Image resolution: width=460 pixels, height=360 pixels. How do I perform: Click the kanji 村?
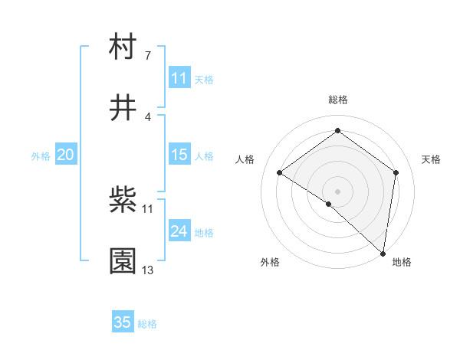pos(123,48)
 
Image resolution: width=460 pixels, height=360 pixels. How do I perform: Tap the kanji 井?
pos(123,109)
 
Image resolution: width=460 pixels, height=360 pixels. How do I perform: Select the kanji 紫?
pos(123,202)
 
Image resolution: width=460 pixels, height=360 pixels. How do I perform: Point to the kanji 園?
pos(123,262)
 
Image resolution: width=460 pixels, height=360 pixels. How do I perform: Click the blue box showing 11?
pos(179,78)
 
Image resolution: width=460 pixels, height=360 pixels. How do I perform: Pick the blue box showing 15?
pos(179,155)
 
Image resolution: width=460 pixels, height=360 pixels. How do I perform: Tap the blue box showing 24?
pos(179,232)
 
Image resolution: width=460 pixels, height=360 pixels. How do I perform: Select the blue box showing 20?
pos(66,155)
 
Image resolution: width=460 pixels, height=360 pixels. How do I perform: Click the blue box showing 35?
pos(123,322)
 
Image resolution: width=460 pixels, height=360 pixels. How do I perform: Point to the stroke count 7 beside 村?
pos(147,56)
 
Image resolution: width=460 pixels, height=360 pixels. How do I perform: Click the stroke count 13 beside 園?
pos(148,270)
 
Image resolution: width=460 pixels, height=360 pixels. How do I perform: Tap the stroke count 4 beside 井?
pos(147,116)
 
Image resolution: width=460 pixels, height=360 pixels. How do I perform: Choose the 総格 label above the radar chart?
pos(338,100)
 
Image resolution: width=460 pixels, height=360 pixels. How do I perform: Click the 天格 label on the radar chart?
pos(432,159)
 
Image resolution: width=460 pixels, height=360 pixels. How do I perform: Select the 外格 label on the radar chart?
pos(270,262)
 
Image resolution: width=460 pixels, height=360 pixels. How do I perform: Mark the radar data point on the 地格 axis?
pos(383,253)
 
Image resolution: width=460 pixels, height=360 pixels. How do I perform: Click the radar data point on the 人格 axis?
pos(280,173)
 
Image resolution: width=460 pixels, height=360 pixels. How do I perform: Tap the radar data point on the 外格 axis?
pos(329,204)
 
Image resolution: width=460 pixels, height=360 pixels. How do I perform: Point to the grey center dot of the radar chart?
pos(338,191)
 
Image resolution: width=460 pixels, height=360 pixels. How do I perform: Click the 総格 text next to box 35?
pos(147,324)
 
